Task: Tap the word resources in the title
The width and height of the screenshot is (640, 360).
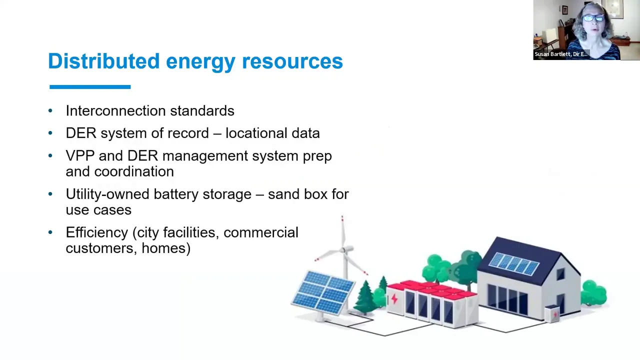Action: (292, 61)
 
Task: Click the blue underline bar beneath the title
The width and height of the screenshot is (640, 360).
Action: (90, 87)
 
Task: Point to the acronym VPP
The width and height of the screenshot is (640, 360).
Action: (79, 155)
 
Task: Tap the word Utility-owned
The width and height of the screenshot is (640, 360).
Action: (108, 194)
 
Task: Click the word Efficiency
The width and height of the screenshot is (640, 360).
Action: (96, 232)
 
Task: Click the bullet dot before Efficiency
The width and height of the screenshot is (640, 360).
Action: (50, 232)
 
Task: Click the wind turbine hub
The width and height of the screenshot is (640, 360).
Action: (344, 249)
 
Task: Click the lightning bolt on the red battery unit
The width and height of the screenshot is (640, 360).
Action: (394, 299)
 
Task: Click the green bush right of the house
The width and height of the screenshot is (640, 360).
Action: (594, 293)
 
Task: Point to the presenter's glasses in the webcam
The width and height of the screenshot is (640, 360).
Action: (593, 18)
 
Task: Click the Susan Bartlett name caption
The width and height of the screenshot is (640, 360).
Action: (560, 54)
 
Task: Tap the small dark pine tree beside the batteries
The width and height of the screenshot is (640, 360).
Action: (366, 296)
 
